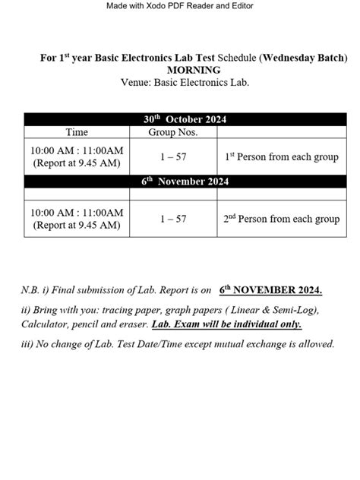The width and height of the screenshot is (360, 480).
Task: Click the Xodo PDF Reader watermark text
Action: pos(179,6)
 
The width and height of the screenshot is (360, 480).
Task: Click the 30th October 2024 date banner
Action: pos(185,119)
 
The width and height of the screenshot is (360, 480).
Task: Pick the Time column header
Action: pos(77,132)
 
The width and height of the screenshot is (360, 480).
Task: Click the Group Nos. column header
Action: pos(172,132)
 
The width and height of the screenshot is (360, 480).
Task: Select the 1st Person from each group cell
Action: pos(282,156)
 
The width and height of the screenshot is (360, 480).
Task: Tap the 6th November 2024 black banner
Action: pos(185,182)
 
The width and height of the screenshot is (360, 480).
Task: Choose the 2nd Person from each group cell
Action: pos(282,219)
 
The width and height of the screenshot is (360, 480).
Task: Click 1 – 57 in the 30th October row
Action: pos(172,156)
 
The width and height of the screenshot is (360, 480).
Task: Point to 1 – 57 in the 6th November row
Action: pos(172,219)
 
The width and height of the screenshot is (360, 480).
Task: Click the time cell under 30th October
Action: pos(77,156)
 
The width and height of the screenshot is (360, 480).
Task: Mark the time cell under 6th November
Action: pos(77,219)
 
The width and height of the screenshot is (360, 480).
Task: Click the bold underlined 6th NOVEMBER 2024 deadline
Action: pos(270,289)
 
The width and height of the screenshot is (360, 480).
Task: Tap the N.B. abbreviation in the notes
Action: pos(31,290)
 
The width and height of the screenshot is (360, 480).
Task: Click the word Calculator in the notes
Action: pos(46,324)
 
